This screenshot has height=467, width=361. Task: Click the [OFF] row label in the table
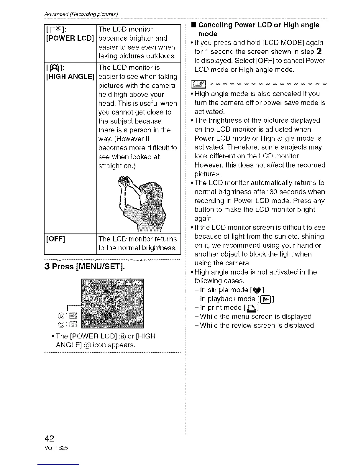tap(55, 239)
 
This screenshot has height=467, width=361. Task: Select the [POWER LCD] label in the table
tap(70, 38)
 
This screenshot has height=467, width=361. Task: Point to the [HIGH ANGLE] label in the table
tap(70, 77)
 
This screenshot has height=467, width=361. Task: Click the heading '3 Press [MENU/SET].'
tap(84, 267)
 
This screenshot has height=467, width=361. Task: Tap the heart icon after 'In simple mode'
tap(255, 290)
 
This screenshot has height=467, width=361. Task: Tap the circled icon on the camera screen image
tap(87, 305)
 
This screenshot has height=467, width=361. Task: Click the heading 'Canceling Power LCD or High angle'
tap(259, 25)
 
